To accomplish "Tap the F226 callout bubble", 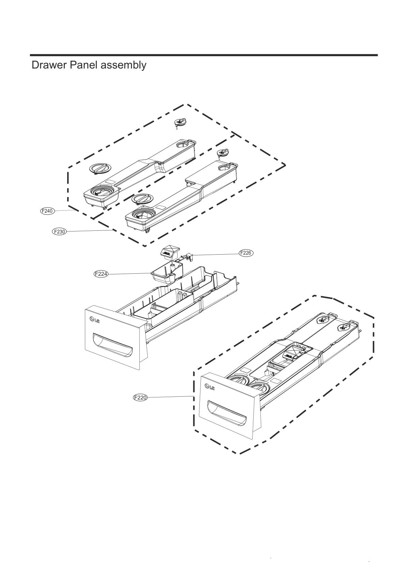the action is [x=246, y=253].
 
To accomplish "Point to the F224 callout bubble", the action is [x=101, y=274].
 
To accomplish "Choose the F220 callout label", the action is [x=140, y=397].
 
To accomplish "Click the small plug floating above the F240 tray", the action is [x=180, y=123].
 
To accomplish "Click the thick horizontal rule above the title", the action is [x=204, y=55].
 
